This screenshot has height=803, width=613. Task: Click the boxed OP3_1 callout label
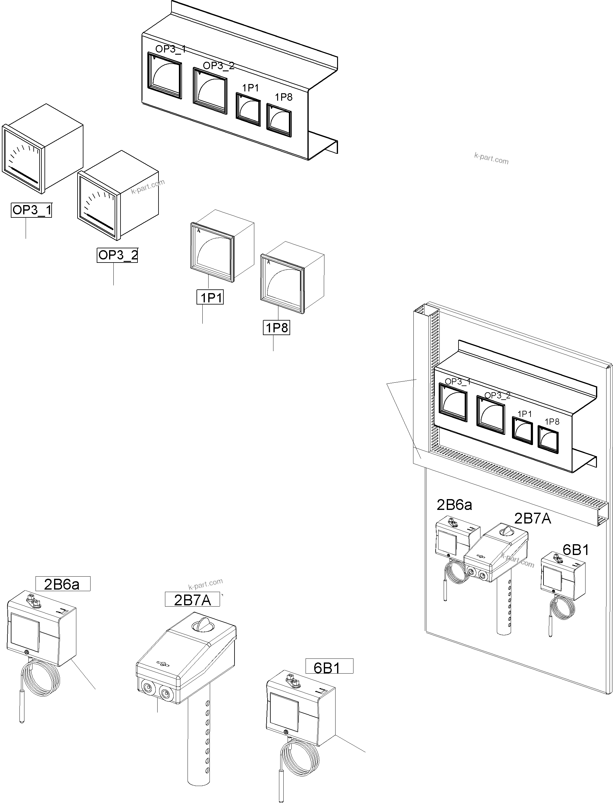pyautogui.click(x=32, y=210)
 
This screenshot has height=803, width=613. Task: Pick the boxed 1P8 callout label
pyautogui.click(x=277, y=327)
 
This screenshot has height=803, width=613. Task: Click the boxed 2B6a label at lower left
pyautogui.click(x=62, y=584)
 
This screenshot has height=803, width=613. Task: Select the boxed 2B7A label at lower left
pyautogui.click(x=192, y=600)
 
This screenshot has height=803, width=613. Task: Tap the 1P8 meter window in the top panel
pyautogui.click(x=279, y=120)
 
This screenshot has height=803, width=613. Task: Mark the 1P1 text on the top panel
pyautogui.click(x=250, y=88)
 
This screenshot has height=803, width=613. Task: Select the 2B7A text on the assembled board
pyautogui.click(x=532, y=518)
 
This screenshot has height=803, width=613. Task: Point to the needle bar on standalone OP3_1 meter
pyautogui.click(x=23, y=175)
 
